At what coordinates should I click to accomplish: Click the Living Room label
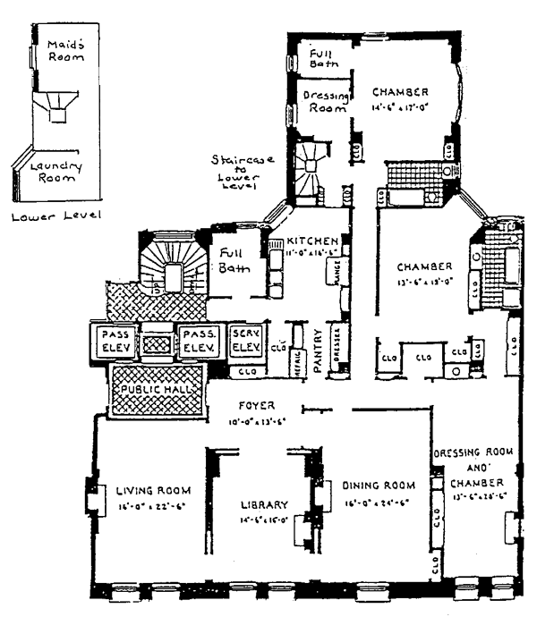tap(149, 489)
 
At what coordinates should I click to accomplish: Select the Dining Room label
tap(379, 486)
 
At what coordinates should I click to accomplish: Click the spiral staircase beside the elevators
tap(170, 266)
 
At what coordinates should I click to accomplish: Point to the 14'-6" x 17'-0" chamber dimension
tap(401, 108)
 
